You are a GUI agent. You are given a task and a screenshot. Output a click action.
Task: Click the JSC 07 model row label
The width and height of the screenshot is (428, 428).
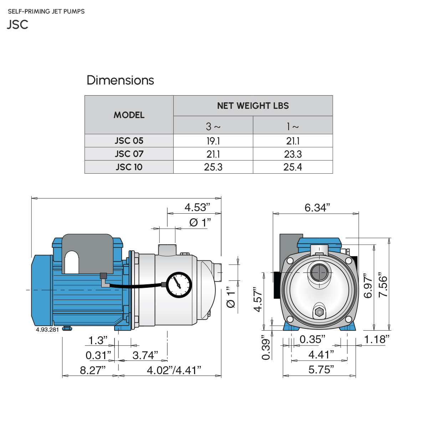[x=129, y=154]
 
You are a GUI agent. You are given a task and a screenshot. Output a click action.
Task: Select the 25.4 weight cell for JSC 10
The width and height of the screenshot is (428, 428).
[x=292, y=167]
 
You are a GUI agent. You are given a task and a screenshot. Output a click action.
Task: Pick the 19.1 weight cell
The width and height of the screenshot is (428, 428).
[x=213, y=141]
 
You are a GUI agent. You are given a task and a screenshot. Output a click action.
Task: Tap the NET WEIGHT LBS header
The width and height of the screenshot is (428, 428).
[x=253, y=106]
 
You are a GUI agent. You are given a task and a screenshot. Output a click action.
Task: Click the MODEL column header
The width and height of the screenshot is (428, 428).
[x=129, y=115]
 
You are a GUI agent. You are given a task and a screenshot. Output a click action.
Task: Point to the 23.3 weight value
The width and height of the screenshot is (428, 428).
[x=292, y=154]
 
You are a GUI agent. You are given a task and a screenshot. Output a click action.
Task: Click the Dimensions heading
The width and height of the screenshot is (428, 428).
[x=120, y=80]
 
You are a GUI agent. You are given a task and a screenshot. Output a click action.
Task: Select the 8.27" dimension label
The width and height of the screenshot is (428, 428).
[x=93, y=370]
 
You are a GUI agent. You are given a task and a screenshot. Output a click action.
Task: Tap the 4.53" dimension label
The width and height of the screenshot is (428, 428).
[x=197, y=207]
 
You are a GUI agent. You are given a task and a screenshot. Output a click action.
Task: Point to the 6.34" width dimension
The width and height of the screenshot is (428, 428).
[x=317, y=208]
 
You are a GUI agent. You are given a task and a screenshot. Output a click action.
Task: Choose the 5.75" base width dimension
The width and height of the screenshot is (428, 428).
[x=321, y=370]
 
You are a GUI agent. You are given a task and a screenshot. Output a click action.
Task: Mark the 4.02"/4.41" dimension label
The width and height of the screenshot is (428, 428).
[x=174, y=370]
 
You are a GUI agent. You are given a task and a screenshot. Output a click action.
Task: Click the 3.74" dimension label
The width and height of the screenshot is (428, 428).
[x=145, y=355]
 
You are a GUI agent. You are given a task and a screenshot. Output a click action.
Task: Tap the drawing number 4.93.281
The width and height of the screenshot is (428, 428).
[x=47, y=330]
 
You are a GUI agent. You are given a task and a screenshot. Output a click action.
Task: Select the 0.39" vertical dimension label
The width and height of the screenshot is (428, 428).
[x=266, y=347]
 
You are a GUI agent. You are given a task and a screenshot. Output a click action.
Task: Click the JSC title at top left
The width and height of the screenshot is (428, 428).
[x=17, y=24]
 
